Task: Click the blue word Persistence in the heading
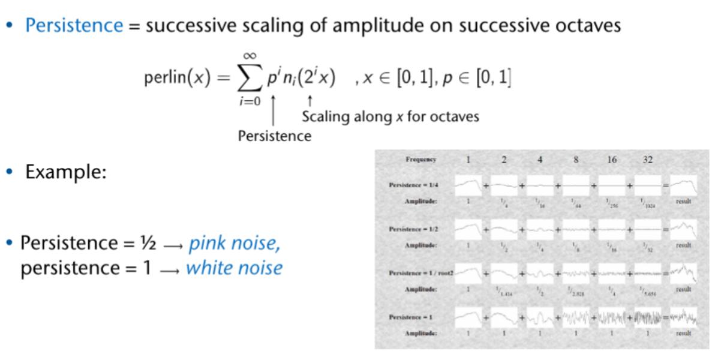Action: (74, 26)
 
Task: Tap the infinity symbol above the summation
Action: (249, 56)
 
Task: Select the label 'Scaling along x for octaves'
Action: (390, 116)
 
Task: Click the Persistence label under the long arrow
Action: (275, 136)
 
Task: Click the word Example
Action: (66, 172)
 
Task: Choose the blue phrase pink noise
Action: (235, 244)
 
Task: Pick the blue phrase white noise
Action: (234, 268)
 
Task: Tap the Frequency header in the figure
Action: (420, 160)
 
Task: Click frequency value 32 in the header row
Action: (647, 160)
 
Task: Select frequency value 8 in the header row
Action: (576, 160)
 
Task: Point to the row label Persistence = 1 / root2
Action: (420, 273)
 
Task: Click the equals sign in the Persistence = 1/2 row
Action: (665, 229)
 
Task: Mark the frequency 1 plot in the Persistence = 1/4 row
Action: (468, 185)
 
